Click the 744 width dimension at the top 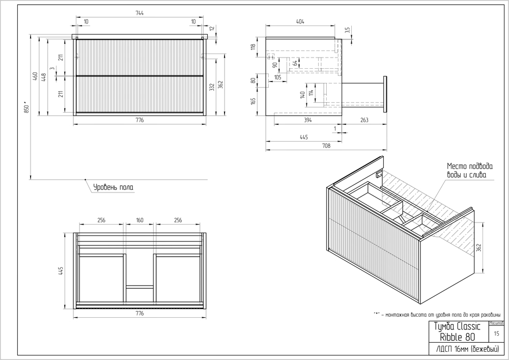click(x=139, y=14)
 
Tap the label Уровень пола click(x=114, y=187)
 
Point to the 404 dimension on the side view click(x=300, y=22)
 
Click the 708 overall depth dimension click(x=326, y=146)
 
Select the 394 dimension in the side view click(x=307, y=120)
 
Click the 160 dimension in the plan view click(x=140, y=220)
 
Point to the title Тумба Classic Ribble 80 click(x=456, y=331)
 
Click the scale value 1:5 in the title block click(x=496, y=334)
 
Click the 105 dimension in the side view click(x=278, y=77)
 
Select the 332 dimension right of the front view click(x=211, y=88)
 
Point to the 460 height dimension click(x=35, y=76)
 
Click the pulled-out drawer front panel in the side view click(x=385, y=93)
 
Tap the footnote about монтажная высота click(x=440, y=314)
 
